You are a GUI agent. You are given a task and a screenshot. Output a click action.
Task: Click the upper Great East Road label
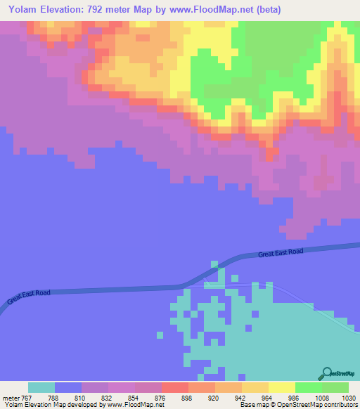coord(281,252)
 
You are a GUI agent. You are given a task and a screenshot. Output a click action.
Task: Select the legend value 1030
coord(349,397)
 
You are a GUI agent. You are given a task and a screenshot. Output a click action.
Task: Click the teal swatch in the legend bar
coord(41,387)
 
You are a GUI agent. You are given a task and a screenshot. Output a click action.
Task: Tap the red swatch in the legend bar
coord(175,387)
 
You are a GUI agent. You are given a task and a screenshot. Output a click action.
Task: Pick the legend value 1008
coord(322,397)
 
